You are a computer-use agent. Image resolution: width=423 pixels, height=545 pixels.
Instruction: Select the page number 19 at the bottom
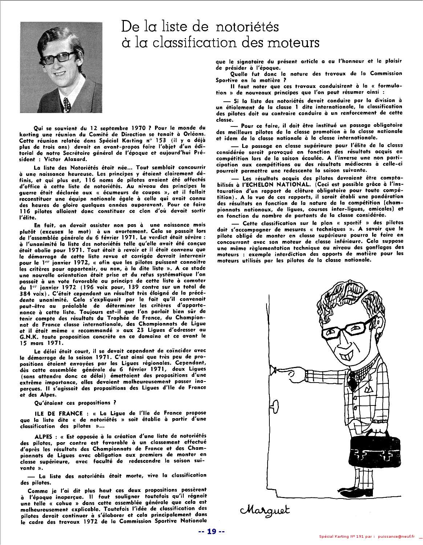pyautogui.click(x=212, y=532)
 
